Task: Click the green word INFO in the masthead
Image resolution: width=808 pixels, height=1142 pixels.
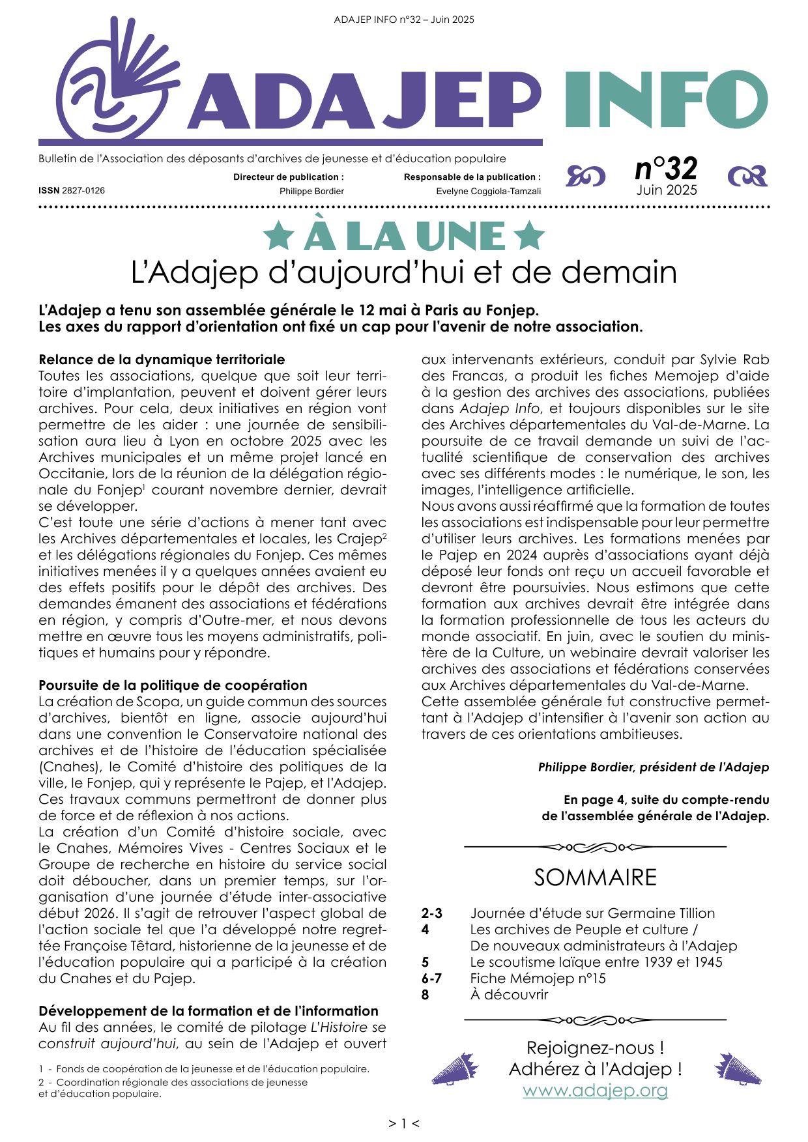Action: coord(665,99)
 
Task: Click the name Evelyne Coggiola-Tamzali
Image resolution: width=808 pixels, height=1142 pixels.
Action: coord(488,192)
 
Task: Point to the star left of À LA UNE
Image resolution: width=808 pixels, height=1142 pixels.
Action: coord(278,236)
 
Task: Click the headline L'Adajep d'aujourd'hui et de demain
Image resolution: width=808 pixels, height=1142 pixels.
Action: coord(404,272)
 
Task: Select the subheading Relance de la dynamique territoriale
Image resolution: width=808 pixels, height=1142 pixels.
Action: coord(162,360)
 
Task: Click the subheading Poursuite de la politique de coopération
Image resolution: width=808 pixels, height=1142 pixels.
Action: coord(173,685)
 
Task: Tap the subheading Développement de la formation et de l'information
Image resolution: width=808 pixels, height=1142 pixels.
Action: coord(209,1011)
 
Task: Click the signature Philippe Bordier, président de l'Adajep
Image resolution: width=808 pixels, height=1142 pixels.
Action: coord(653,767)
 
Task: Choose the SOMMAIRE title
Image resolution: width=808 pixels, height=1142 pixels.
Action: coord(595,878)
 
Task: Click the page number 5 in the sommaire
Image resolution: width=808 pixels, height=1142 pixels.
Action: coord(426,962)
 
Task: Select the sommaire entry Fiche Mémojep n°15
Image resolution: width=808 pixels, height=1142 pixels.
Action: coord(538,978)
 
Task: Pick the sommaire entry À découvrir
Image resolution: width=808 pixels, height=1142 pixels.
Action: coord(509,995)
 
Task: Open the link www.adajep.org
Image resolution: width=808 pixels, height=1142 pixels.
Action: coord(595,1091)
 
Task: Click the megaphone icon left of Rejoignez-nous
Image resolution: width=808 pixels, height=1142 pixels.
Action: coord(454,1069)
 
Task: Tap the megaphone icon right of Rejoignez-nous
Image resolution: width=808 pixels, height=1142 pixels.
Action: coord(738,1069)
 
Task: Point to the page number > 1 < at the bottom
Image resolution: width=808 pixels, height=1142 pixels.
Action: coord(404,1123)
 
